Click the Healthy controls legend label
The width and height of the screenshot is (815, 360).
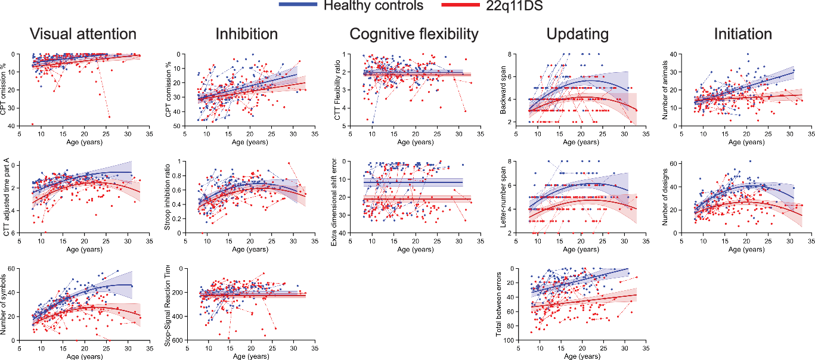(x=373, y=6)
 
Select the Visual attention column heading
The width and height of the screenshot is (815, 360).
(x=83, y=34)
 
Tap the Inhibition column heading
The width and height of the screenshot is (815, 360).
(x=247, y=34)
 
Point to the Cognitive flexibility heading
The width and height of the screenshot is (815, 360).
(x=414, y=34)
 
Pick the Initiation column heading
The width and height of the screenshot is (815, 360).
(x=743, y=34)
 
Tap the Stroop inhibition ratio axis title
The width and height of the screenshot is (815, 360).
(x=172, y=197)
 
